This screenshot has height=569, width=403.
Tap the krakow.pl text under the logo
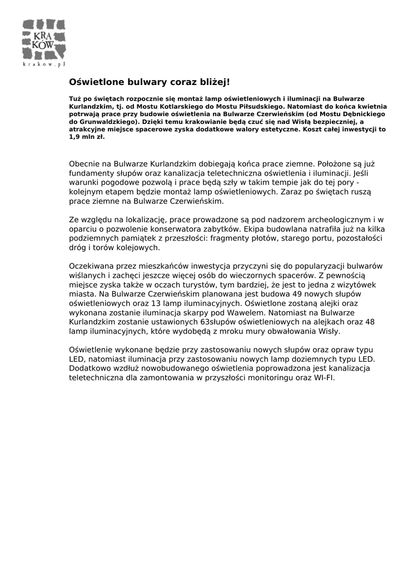point(44,64)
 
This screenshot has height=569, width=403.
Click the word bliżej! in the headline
point(213,82)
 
